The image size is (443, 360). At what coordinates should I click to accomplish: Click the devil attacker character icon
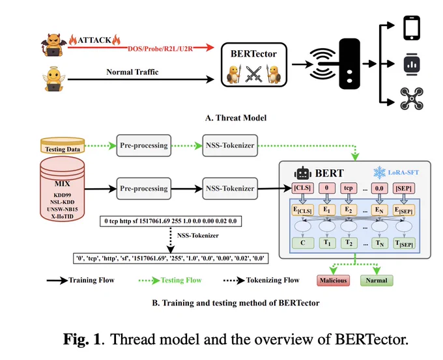pyautogui.click(x=53, y=45)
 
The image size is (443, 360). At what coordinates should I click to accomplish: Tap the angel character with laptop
pyautogui.click(x=53, y=79)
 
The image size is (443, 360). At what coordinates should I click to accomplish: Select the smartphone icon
pyautogui.click(x=412, y=28)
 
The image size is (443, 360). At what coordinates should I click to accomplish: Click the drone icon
pyautogui.click(x=412, y=98)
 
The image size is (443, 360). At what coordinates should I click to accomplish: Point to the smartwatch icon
pyautogui.click(x=412, y=64)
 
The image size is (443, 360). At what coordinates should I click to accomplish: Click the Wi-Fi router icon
pyautogui.click(x=336, y=64)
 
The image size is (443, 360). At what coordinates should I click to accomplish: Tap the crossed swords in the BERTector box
pyautogui.click(x=253, y=74)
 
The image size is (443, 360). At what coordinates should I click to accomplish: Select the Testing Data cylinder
pyautogui.click(x=63, y=145)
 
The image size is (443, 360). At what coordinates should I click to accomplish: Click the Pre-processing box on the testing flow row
pyautogui.click(x=144, y=145)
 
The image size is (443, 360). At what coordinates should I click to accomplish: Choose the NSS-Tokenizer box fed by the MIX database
pyautogui.click(x=230, y=188)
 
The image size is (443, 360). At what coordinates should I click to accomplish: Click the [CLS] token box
pyautogui.click(x=302, y=188)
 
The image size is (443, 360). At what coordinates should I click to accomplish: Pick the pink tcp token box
pyautogui.click(x=349, y=188)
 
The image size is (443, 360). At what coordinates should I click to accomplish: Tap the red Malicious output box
pyautogui.click(x=334, y=281)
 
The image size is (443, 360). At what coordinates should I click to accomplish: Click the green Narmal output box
pyautogui.click(x=377, y=281)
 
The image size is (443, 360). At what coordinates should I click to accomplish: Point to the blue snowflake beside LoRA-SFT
pyautogui.click(x=379, y=173)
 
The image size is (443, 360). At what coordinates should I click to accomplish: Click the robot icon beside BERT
pyautogui.click(x=302, y=173)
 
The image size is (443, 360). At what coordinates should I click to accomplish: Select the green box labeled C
pyautogui.click(x=303, y=243)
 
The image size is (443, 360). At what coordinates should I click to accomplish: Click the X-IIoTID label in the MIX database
pyautogui.click(x=63, y=217)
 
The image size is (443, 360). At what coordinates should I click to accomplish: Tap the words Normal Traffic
pyautogui.click(x=132, y=72)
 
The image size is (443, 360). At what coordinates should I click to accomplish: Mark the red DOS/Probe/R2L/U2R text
pyautogui.click(x=160, y=49)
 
